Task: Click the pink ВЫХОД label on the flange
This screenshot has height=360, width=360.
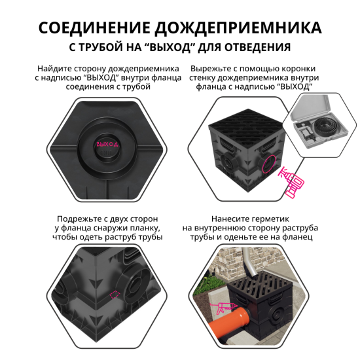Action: coord(107,143)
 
